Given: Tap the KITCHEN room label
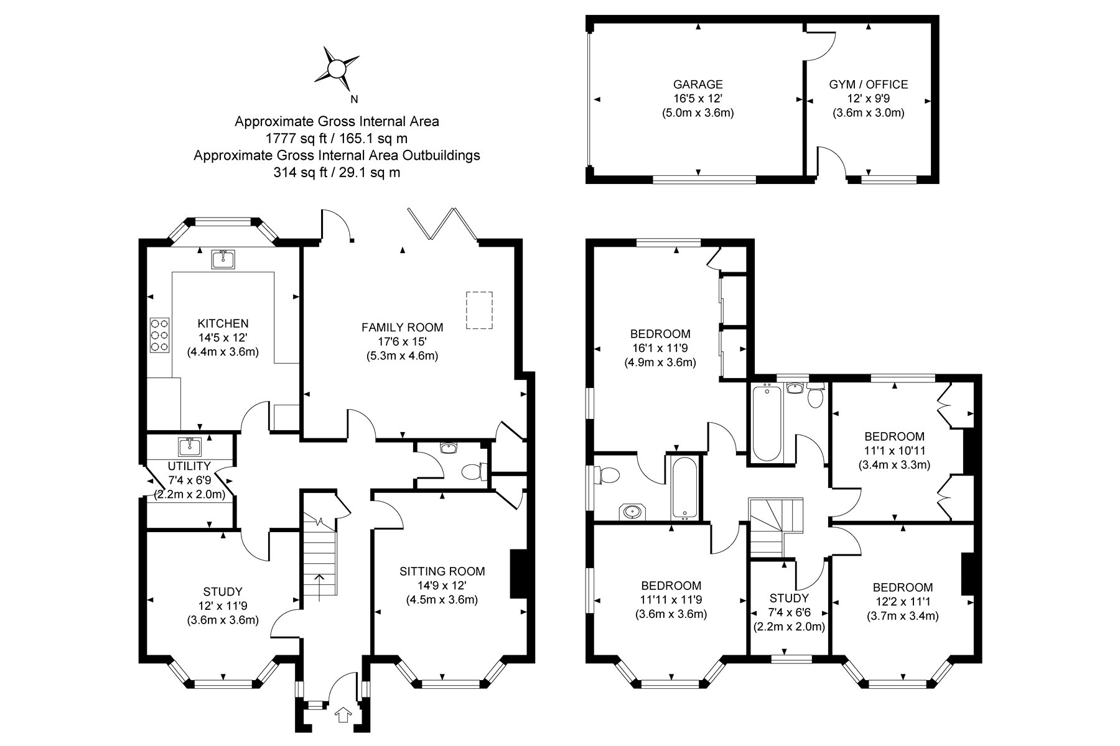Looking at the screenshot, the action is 223,323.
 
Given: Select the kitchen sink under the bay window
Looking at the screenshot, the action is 222,259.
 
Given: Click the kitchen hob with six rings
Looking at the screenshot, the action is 160,336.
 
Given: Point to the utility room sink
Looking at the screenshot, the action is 189,446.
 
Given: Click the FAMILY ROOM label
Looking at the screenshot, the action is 403,327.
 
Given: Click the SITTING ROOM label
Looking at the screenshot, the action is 442,571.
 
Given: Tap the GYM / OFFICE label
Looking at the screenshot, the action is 869,85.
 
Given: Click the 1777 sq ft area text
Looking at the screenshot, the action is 337,138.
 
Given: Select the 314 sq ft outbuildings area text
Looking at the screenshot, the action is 337,173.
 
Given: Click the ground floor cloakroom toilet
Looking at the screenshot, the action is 476,472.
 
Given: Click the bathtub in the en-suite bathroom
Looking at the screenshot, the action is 684,487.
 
